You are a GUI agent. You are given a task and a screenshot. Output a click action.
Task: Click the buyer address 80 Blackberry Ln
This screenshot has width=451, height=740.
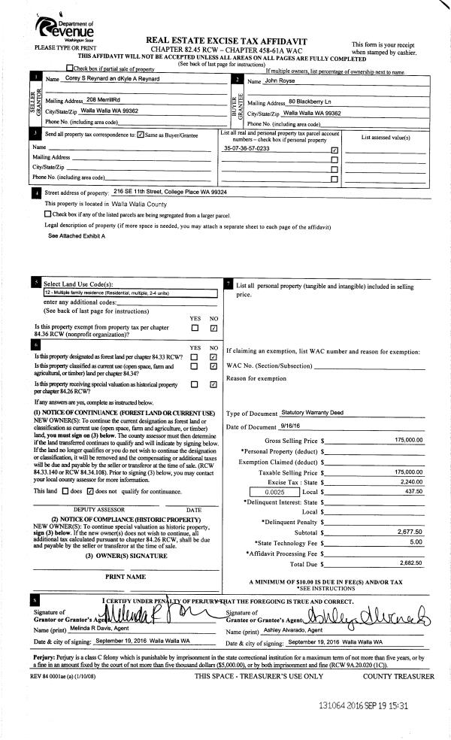314,102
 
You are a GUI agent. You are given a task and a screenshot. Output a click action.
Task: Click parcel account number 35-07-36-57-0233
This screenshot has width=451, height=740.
247,148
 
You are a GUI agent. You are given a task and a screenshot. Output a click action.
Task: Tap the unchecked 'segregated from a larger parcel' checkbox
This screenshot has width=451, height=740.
48,214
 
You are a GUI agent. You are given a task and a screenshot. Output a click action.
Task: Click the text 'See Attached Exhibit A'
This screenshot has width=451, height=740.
77,235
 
